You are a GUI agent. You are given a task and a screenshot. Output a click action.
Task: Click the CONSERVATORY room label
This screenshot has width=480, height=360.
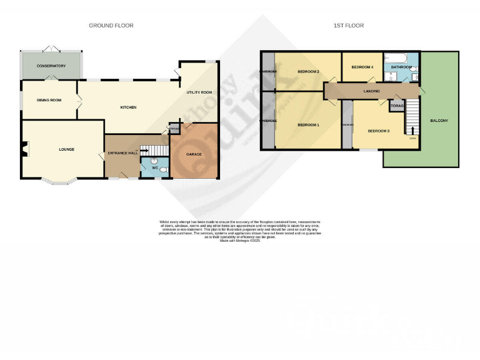click(x=51, y=66)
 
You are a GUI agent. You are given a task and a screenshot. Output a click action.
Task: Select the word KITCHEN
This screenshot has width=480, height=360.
click(x=128, y=107)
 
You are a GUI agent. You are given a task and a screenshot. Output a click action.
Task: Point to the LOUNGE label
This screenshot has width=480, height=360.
click(x=67, y=149)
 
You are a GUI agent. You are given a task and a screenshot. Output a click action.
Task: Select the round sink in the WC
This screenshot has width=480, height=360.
click(x=164, y=169)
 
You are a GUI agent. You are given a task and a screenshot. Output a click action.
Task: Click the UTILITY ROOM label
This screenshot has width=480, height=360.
click(x=199, y=92)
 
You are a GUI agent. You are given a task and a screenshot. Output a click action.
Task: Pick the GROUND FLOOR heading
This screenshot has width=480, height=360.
click(x=111, y=26)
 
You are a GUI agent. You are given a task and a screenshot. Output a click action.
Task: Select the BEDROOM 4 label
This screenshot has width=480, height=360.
click(x=362, y=67)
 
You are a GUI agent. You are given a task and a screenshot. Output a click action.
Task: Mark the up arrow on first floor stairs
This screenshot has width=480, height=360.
click(x=411, y=130)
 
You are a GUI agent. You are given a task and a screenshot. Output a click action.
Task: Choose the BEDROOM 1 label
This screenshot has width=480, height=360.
click(x=308, y=125)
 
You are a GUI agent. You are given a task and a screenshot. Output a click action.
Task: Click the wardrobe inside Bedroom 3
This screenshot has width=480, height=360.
click(x=347, y=124)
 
